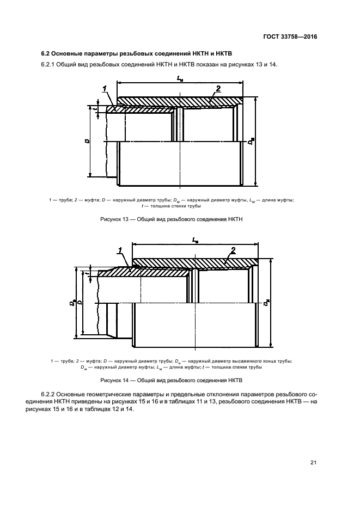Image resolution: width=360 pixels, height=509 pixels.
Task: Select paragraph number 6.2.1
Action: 49,65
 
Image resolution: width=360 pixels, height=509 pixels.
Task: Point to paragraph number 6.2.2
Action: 49,394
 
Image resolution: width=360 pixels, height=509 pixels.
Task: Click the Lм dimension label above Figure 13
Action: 179,79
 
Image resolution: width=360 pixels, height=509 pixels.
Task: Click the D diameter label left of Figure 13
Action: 87,141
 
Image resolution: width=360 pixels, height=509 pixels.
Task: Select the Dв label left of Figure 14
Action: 72,304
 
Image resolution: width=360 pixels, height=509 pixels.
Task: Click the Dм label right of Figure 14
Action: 265,304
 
